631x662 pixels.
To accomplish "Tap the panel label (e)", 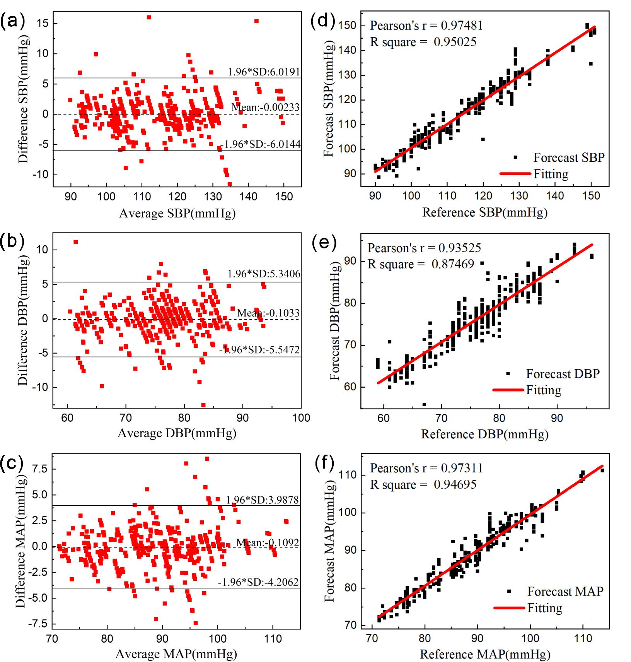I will (x=324, y=243).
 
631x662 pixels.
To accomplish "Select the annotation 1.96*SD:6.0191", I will (x=264, y=72).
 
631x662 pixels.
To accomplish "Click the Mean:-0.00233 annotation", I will (x=265, y=107).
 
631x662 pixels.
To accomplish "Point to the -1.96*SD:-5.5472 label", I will (x=259, y=350).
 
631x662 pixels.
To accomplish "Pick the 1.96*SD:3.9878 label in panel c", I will (x=263, y=500).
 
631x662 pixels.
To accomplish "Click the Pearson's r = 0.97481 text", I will (x=426, y=26).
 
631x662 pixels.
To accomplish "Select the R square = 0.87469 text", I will (x=421, y=264).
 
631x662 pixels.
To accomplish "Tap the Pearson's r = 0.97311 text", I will (x=426, y=468).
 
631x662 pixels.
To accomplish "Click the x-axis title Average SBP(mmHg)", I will (x=177, y=213).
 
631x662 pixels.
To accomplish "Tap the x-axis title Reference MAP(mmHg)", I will (x=485, y=654).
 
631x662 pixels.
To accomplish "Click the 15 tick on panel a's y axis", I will (x=43, y=23).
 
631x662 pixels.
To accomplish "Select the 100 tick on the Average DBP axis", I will (x=301, y=418).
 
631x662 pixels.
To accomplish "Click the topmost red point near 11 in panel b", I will (x=76, y=242).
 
